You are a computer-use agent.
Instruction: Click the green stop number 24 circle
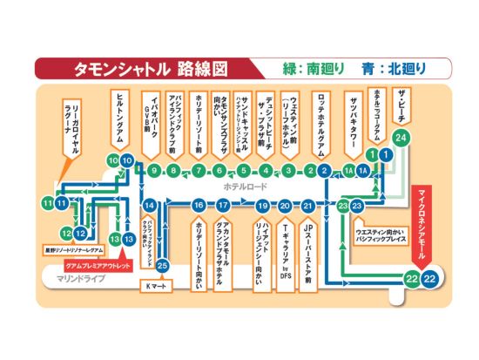pyautogui.click(x=401, y=138)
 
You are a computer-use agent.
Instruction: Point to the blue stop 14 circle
pyautogui.click(x=150, y=206)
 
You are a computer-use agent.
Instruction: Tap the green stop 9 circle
pyautogui.click(x=153, y=171)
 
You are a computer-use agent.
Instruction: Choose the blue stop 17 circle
pyautogui.click(x=224, y=206)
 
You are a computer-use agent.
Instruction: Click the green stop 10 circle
pyautogui.click(x=114, y=160)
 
